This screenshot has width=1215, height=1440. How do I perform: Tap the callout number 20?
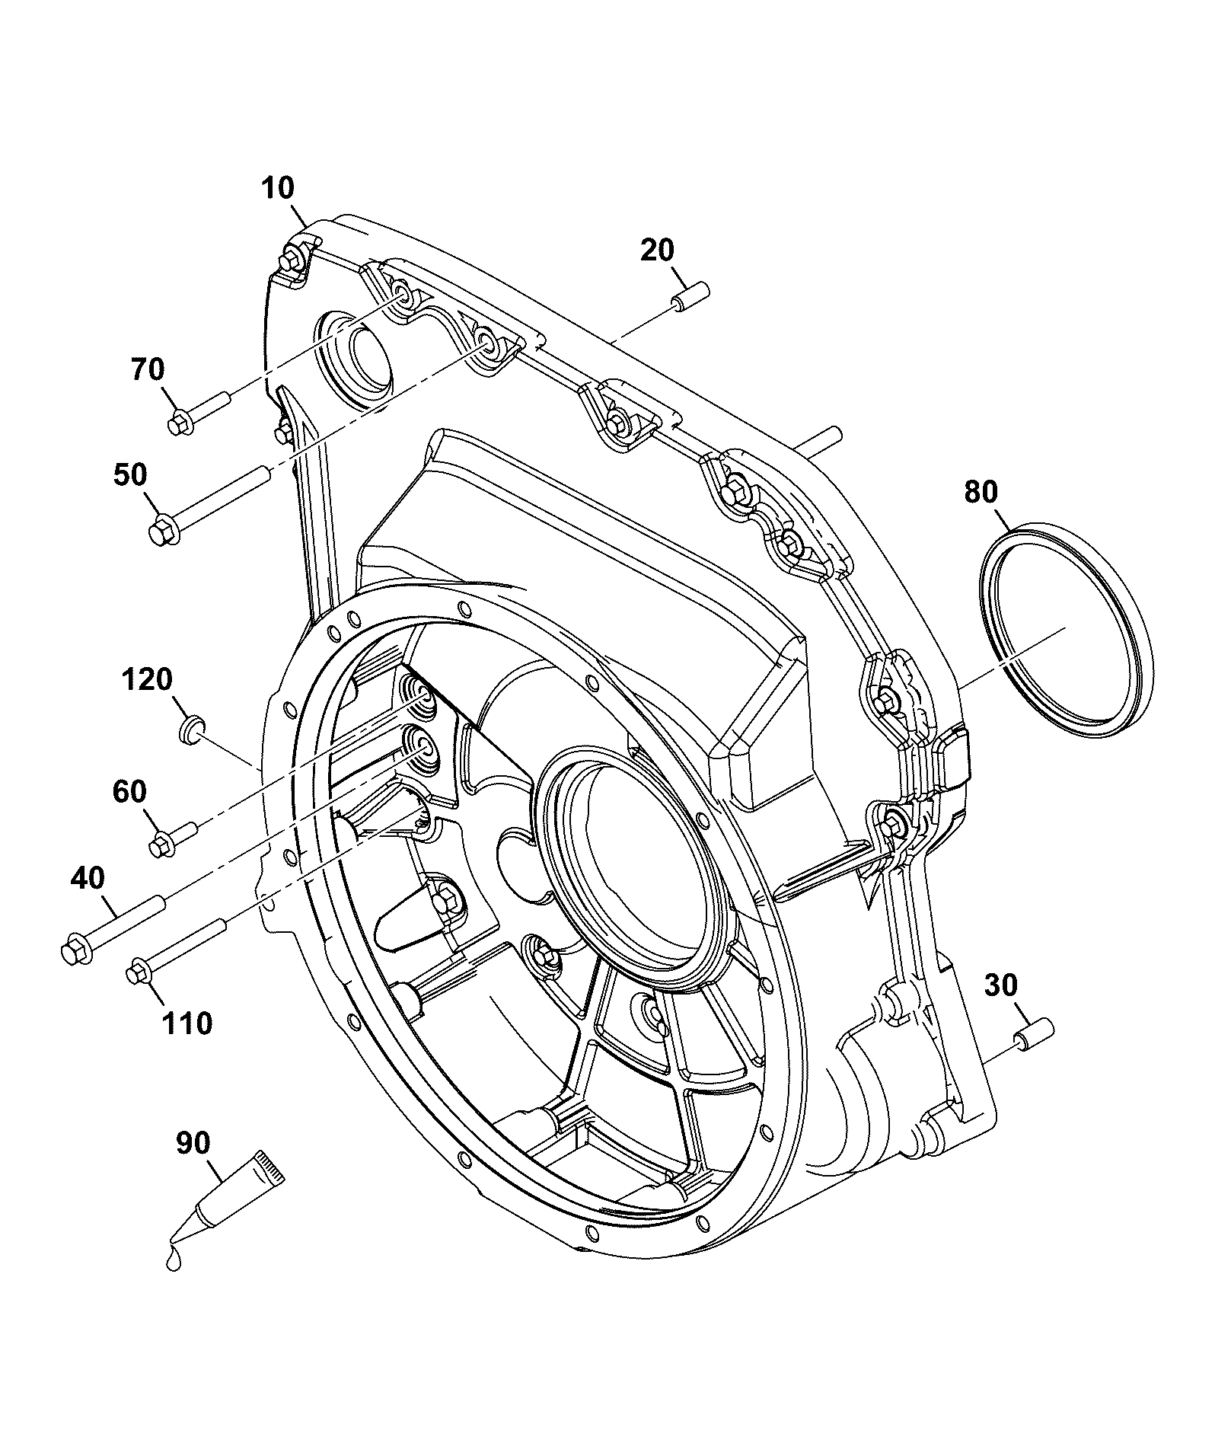pyautogui.click(x=657, y=251)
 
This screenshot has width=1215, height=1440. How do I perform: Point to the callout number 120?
pyautogui.click(x=147, y=678)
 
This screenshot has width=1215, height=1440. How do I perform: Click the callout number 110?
pyautogui.click(x=187, y=1023)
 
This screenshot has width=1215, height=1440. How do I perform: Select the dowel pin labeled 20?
pyautogui.click(x=690, y=295)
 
